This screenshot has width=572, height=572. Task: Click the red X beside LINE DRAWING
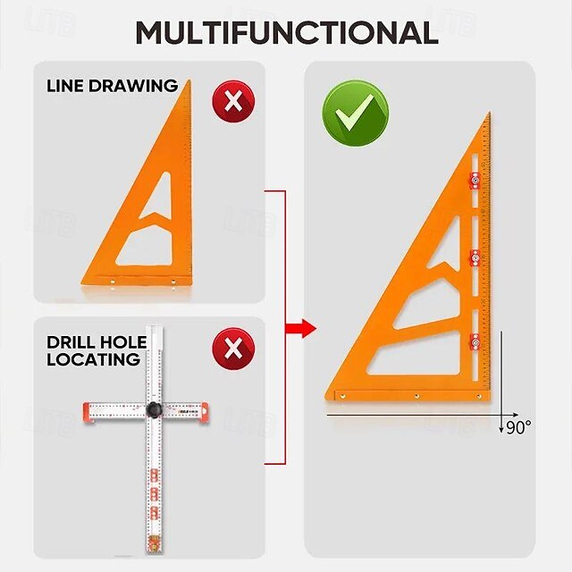(x=233, y=102)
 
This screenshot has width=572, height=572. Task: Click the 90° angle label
(x=517, y=427)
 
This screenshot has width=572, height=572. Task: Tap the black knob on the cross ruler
(x=155, y=409)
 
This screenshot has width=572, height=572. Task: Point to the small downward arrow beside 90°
(x=500, y=427)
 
